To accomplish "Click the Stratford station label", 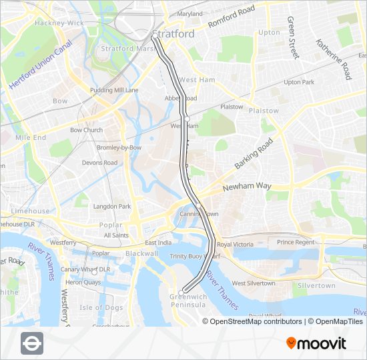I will click(x=173, y=34).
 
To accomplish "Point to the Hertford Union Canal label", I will click(x=40, y=65).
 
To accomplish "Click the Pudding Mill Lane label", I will click(x=115, y=90).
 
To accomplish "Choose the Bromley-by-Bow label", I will click(x=119, y=147).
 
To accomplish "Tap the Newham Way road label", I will click(x=247, y=187).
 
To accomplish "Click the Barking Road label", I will click(x=254, y=154).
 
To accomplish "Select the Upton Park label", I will click(x=298, y=83).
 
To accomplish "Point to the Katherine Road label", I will click(x=334, y=59).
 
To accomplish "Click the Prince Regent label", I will click(x=296, y=243).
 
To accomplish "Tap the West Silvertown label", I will click(x=253, y=283).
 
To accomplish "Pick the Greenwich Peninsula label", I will click(x=189, y=301).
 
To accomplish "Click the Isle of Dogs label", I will click(x=101, y=307).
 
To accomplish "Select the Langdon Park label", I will click(x=111, y=207).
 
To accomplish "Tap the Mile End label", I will click(x=31, y=137).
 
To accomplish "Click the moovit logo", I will click(x=316, y=343).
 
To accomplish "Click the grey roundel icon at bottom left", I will click(x=32, y=343).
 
